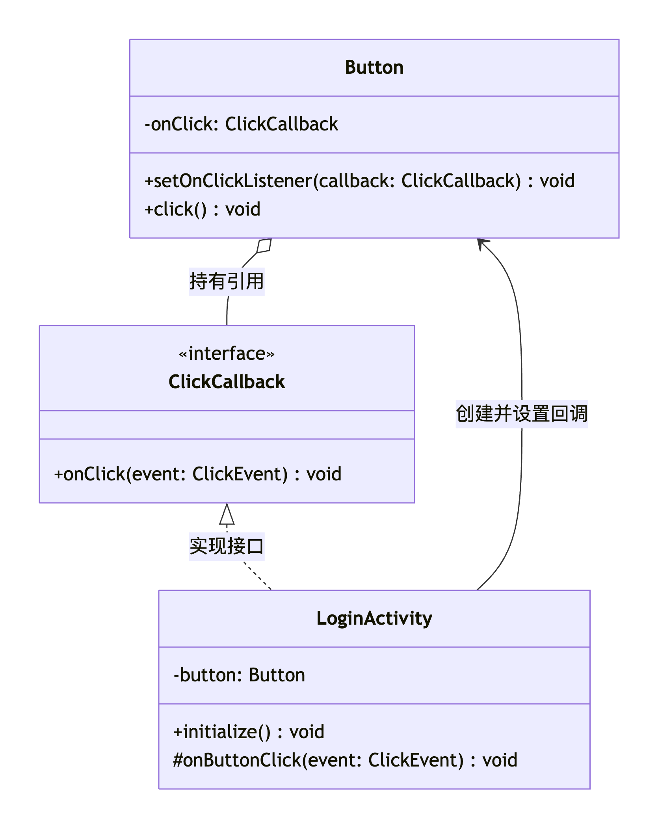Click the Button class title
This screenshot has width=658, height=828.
pyautogui.click(x=374, y=67)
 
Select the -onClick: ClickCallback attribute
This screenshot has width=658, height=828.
pyautogui.click(x=241, y=124)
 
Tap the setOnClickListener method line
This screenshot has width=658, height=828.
pyautogui.click(x=359, y=181)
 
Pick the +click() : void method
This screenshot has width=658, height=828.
pyautogui.click(x=202, y=209)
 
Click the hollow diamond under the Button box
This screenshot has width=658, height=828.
pyautogui.click(x=264, y=246)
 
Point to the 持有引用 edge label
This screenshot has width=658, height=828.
pyautogui.click(x=227, y=281)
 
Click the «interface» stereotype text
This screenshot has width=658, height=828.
pyautogui.click(x=227, y=354)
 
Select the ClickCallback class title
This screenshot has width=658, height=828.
pyautogui.click(x=227, y=381)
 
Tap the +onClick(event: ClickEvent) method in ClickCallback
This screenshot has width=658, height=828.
pyautogui.click(x=197, y=474)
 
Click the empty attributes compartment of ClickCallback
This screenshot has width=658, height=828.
pyautogui.click(x=227, y=425)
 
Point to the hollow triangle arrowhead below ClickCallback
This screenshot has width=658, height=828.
pyautogui.click(x=227, y=515)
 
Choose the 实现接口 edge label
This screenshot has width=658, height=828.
pyautogui.click(x=227, y=546)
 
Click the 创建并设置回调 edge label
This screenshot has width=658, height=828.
pyautogui.click(x=521, y=414)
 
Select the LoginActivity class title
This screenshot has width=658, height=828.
pyautogui.click(x=374, y=618)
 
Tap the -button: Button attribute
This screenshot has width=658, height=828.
pyautogui.click(x=239, y=675)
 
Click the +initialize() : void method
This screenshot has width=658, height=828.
pyautogui.click(x=249, y=732)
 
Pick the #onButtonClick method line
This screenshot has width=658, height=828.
pyautogui.click(x=345, y=760)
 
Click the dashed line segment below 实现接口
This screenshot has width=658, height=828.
pyautogui.click(x=257, y=575)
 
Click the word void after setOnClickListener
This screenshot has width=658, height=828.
pyautogui.click(x=557, y=181)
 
